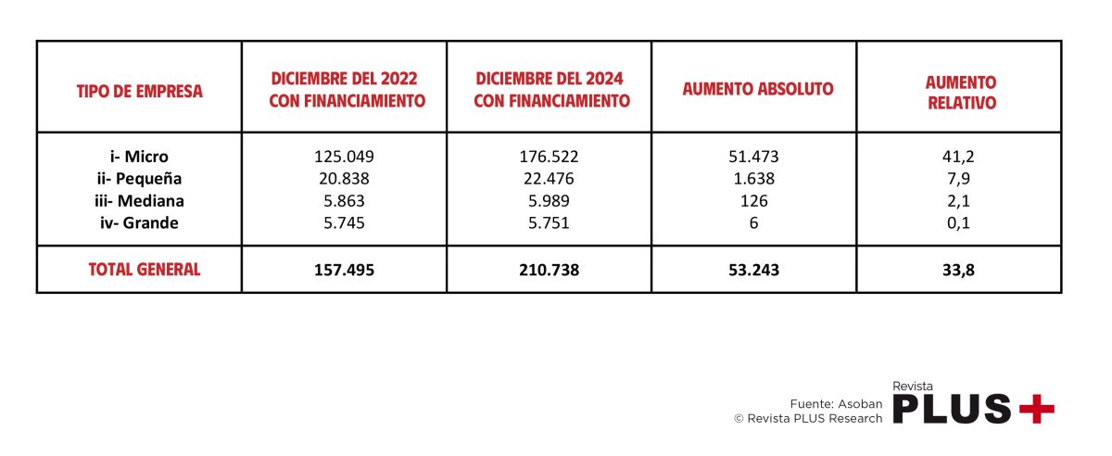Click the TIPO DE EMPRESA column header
pyautogui.click(x=139, y=91)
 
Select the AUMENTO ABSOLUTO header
pyautogui.click(x=757, y=90)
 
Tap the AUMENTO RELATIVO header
pyautogui.click(x=961, y=93)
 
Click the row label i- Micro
pyautogui.click(x=139, y=157)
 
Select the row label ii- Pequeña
pyautogui.click(x=139, y=179)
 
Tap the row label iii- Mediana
pyautogui.click(x=139, y=201)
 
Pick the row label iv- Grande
pyautogui.click(x=139, y=223)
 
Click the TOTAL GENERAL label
pyautogui.click(x=144, y=270)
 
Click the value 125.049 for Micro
pyautogui.click(x=345, y=157)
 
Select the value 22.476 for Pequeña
pyautogui.click(x=549, y=179)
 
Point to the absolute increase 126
pyautogui.click(x=753, y=201)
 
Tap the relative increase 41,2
pyautogui.click(x=958, y=157)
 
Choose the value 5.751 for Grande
pyautogui.click(x=549, y=223)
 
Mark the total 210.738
pyautogui.click(x=549, y=271)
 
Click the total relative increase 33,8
pyautogui.click(x=958, y=271)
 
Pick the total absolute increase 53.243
pyautogui.click(x=753, y=271)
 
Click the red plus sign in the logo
pyautogui.click(x=1036, y=408)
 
